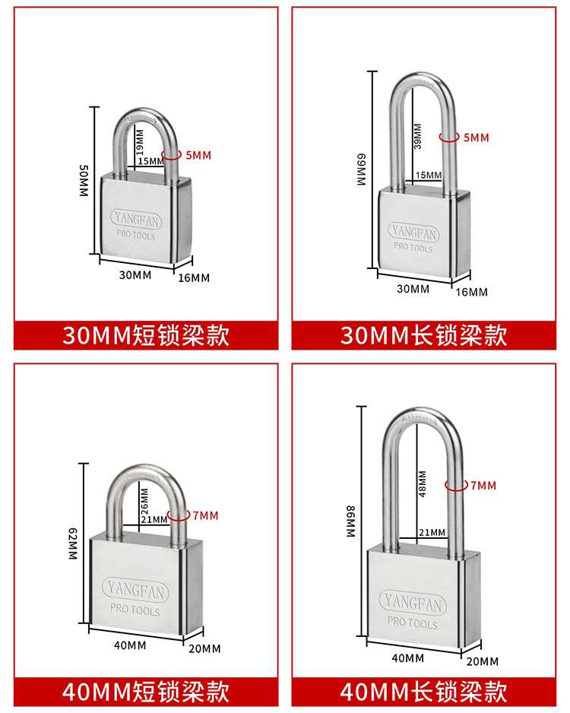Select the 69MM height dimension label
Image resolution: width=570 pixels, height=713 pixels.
coord(361,171)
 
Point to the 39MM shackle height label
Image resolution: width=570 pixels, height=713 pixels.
coord(416,135)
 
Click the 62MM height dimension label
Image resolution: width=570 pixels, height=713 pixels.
coord(74,546)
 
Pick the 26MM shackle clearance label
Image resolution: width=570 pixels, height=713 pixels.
coord(144,499)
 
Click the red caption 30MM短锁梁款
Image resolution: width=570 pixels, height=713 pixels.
coord(145,335)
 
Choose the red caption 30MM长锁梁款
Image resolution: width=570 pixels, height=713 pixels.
coord(423,335)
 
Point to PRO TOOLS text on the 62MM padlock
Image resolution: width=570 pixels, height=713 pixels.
coord(135,610)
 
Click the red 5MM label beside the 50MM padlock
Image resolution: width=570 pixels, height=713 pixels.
coord(198,155)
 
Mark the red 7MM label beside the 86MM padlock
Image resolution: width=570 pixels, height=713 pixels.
coord(483,485)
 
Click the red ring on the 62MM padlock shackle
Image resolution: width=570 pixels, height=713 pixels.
coord(179,515)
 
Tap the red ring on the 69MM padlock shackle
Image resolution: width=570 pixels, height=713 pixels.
coord(449,138)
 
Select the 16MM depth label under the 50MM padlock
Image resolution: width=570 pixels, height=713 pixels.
coord(193,277)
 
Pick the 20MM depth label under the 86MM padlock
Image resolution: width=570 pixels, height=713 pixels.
coord(483,661)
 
